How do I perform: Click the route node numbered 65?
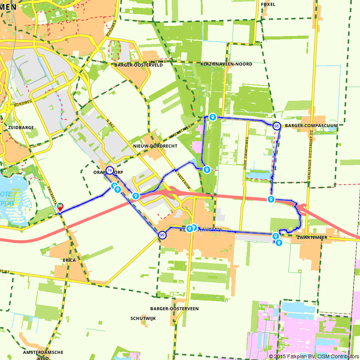(276, 126)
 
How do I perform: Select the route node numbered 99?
(162, 235)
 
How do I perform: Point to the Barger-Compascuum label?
(311, 126)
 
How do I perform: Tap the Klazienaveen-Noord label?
(226, 64)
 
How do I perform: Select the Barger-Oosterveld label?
(138, 65)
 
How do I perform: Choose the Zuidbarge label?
(21, 127)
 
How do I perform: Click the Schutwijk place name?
(143, 319)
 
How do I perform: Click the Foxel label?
(268, 4)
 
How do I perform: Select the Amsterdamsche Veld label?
(43, 355)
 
